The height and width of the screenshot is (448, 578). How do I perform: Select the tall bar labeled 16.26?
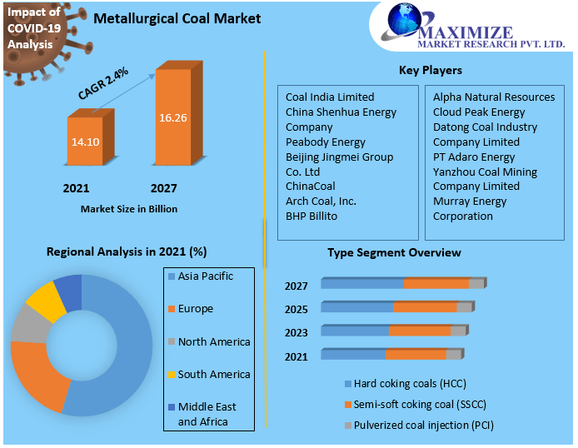pyautogui.click(x=172, y=117)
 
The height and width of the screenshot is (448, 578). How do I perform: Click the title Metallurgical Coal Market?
pyautogui.click(x=177, y=18)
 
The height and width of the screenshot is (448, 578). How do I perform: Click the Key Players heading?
pyautogui.click(x=430, y=70)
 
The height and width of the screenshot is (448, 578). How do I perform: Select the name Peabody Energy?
pyautogui.click(x=326, y=142)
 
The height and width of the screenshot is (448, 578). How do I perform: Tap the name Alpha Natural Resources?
pyautogui.click(x=494, y=97)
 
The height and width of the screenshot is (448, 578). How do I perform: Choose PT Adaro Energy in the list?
pyautogui.click(x=474, y=157)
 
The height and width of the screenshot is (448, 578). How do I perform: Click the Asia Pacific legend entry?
pyautogui.click(x=205, y=276)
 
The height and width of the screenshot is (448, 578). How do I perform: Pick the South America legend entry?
pyautogui.click(x=213, y=375)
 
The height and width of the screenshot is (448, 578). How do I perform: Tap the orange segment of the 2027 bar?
pyautogui.click(x=436, y=284)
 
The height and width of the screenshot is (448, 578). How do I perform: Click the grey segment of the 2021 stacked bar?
pyautogui.click(x=453, y=355)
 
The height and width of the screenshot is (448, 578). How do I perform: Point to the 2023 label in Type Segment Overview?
pyautogui.click(x=296, y=333)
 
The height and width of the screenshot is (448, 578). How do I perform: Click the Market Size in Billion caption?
pyautogui.click(x=129, y=209)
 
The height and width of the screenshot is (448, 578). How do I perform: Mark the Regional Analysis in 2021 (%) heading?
pyautogui.click(x=127, y=251)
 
